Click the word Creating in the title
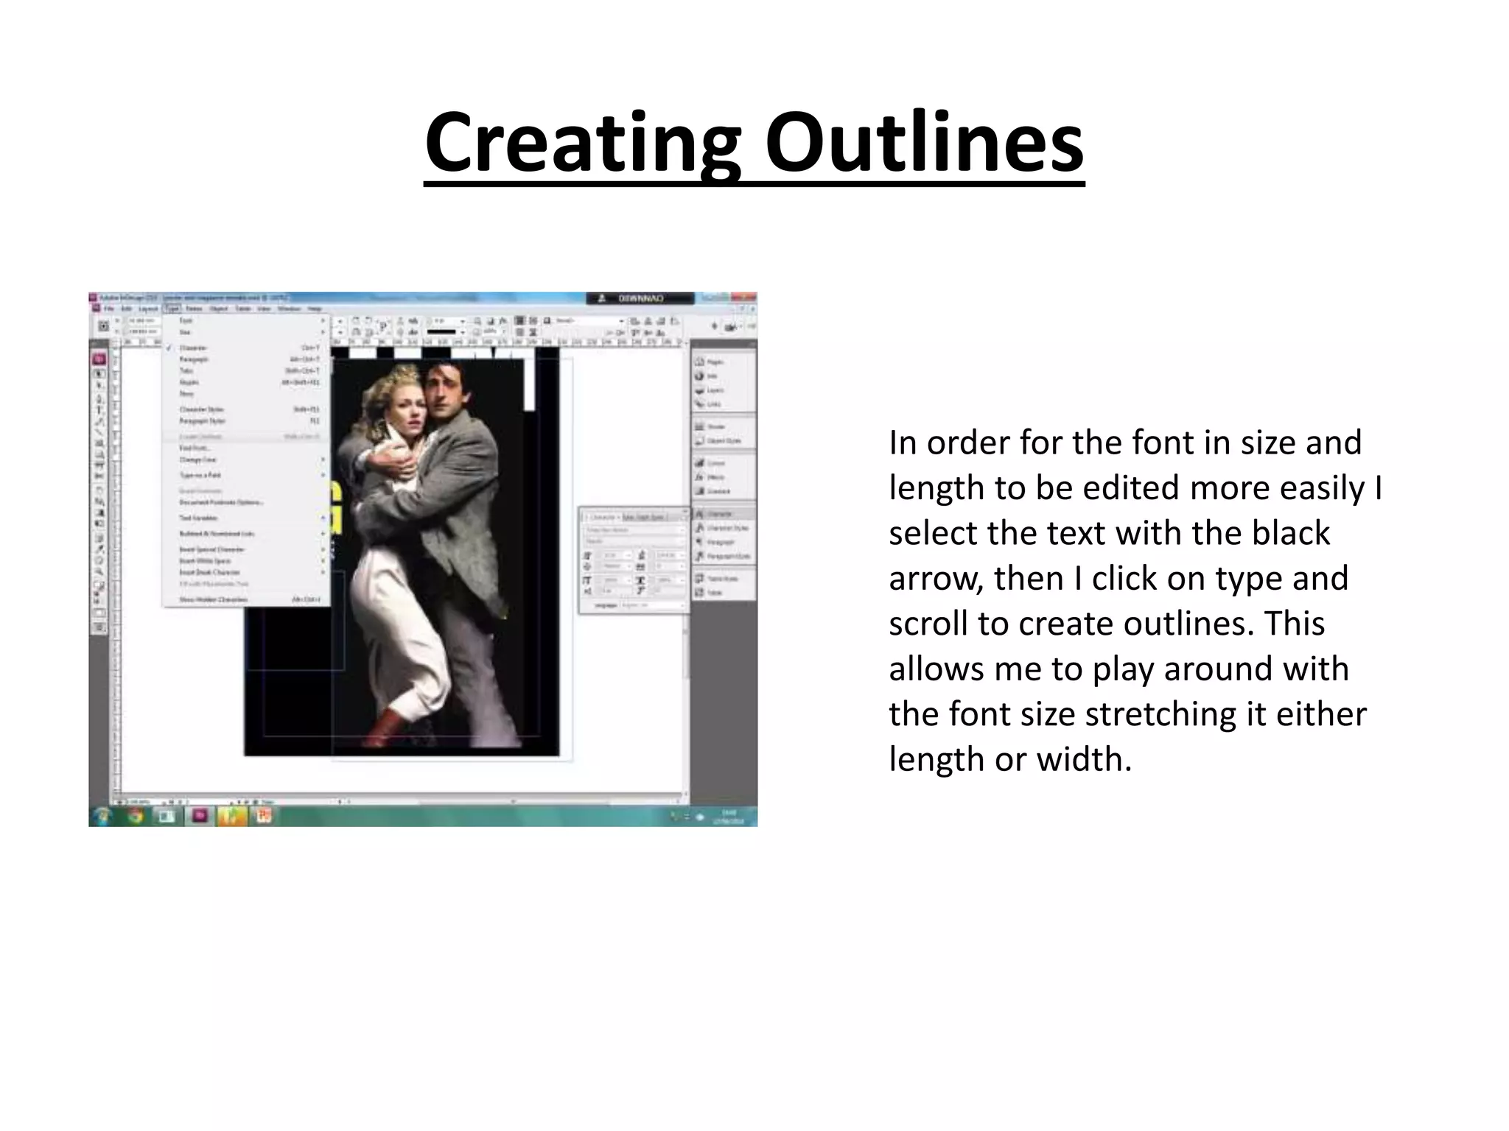tap(583, 143)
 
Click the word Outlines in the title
tap(924, 143)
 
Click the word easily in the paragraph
tap(1314, 488)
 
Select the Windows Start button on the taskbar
tap(102, 816)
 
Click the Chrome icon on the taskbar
tap(134, 816)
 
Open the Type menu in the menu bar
tap(172, 309)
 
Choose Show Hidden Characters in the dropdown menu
tap(213, 600)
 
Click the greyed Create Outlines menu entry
tap(200, 437)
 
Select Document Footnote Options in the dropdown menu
tap(220, 503)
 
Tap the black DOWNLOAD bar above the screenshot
tap(640, 298)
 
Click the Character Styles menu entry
tap(201, 409)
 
